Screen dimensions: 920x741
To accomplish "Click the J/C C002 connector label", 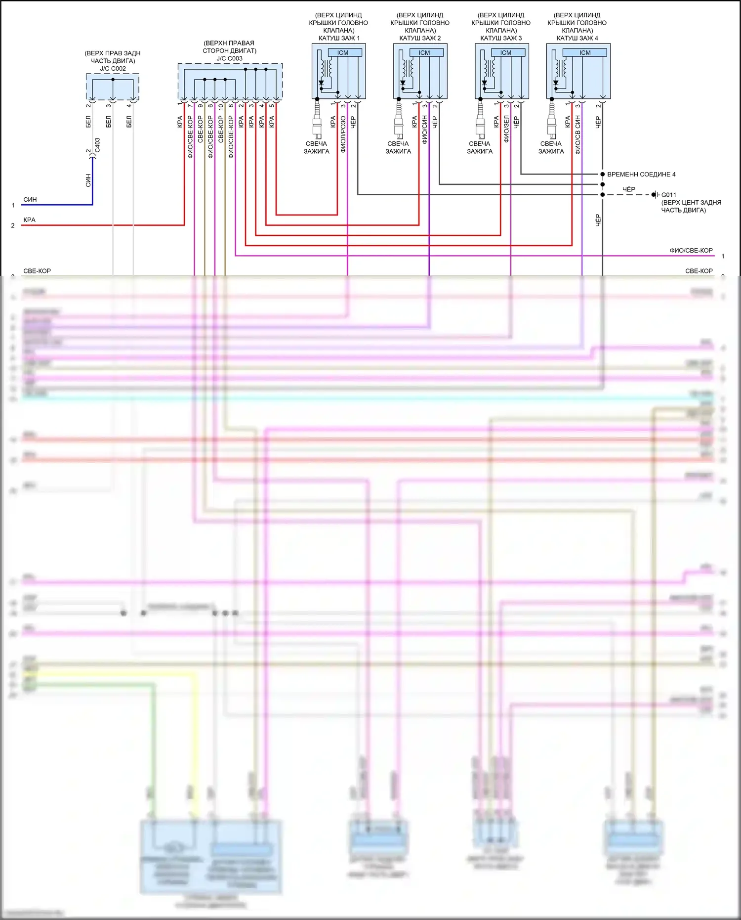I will pos(113,69).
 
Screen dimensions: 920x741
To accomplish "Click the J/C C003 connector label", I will pos(229,58).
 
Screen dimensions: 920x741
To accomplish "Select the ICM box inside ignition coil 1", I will pos(343,53).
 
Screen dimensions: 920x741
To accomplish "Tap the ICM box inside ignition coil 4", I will pos(585,53).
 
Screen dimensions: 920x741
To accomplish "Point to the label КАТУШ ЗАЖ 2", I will pos(420,38).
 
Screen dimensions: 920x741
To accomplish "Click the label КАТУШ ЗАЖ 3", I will pos(501,38).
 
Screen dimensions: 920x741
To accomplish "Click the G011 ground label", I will pos(669,195).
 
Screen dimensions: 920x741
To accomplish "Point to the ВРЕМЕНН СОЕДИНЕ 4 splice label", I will pos(641,175).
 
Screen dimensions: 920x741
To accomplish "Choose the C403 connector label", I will pos(97,145).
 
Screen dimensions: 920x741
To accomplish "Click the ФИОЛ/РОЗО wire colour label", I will pos(343,133).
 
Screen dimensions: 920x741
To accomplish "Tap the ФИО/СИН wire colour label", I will pos(424,130).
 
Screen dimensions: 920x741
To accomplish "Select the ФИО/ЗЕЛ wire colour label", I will pos(506,129).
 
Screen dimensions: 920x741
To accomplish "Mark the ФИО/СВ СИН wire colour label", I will pos(577,135).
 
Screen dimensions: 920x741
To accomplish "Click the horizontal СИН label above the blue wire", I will pos(30,200).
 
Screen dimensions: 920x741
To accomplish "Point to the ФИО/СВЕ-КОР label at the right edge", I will pos(691,251).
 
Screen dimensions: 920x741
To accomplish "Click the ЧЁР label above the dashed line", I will pos(628,189).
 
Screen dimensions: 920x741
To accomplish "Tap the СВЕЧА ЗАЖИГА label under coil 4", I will pos(551,147).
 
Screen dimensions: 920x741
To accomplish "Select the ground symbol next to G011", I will pos(656,195).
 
